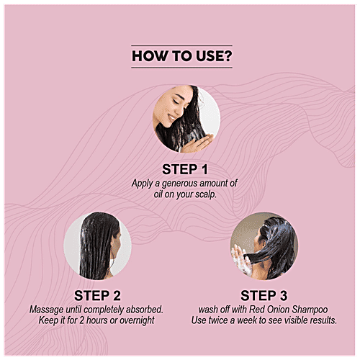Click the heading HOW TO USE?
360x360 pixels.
182,56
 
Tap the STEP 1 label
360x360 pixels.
185,169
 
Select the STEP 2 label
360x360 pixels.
97,295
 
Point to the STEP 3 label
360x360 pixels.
264,295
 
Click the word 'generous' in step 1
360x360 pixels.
180,184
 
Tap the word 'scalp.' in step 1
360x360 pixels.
206,194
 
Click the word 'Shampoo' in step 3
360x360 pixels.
310,310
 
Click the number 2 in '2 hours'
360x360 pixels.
81,320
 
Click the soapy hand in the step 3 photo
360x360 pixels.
240,259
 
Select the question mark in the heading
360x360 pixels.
228,56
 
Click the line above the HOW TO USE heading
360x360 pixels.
181,45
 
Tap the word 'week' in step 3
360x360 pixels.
248,320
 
